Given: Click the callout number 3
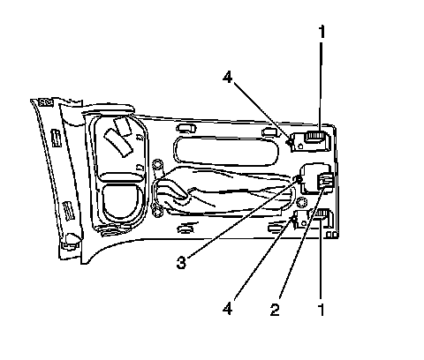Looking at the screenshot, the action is pos(181,262).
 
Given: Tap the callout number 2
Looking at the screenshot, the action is pos(275,310).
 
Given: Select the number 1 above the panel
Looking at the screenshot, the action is pos(322,32).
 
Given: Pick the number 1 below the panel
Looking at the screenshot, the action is pos(322,310).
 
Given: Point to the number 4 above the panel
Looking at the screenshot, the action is pos(227,78).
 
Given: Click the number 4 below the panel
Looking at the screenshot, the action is pos(227,309).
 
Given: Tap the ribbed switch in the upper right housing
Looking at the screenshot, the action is pos(315,136).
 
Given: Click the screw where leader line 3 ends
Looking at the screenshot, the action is pos(299,179).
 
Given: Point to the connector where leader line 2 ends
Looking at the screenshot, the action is pos(324,180).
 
